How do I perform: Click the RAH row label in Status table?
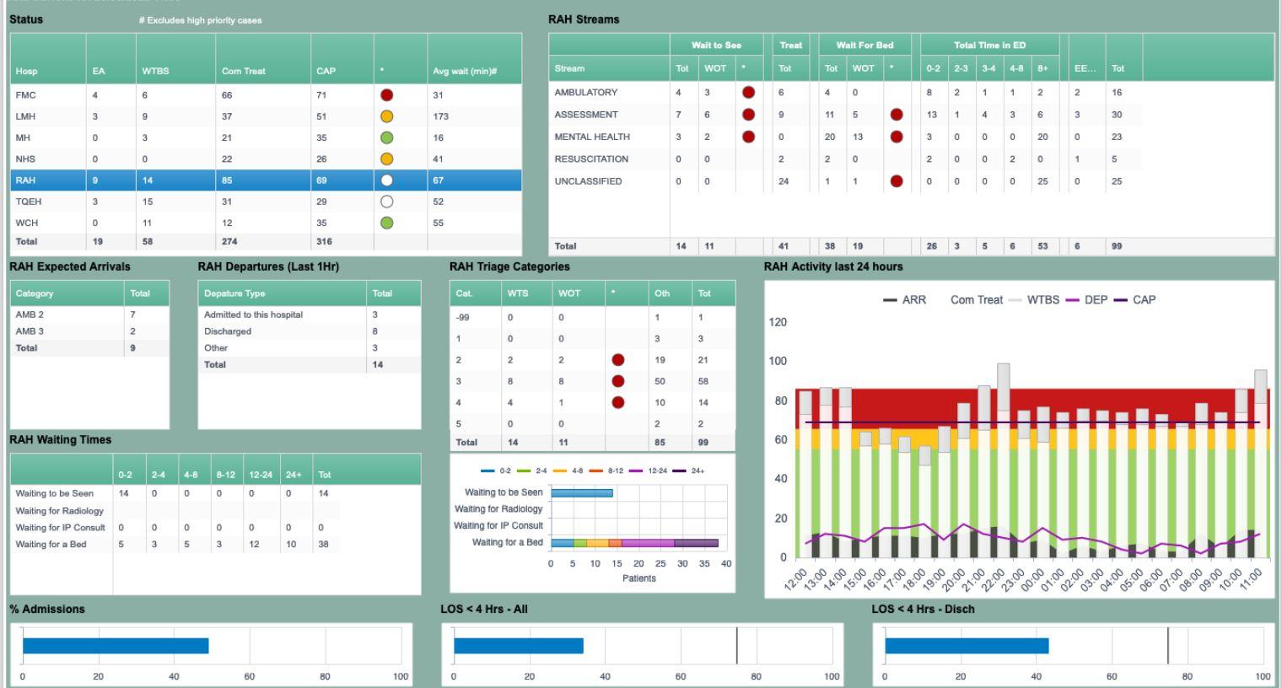pos(25,180)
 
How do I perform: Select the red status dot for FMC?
pos(387,95)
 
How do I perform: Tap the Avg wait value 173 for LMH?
pos(440,116)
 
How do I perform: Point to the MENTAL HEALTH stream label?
pos(591,137)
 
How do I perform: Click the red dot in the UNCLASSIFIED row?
pos(896,181)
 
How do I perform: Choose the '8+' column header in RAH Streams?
pos(1043,68)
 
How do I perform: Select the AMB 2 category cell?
pos(30,314)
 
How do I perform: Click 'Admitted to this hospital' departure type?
pos(253,314)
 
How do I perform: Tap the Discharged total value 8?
pos(375,331)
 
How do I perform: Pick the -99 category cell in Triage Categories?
pos(462,318)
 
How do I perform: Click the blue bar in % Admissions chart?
pos(116,646)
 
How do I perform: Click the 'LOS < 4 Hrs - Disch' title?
pos(923,609)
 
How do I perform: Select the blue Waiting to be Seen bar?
pos(582,492)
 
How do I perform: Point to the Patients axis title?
pos(638,578)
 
